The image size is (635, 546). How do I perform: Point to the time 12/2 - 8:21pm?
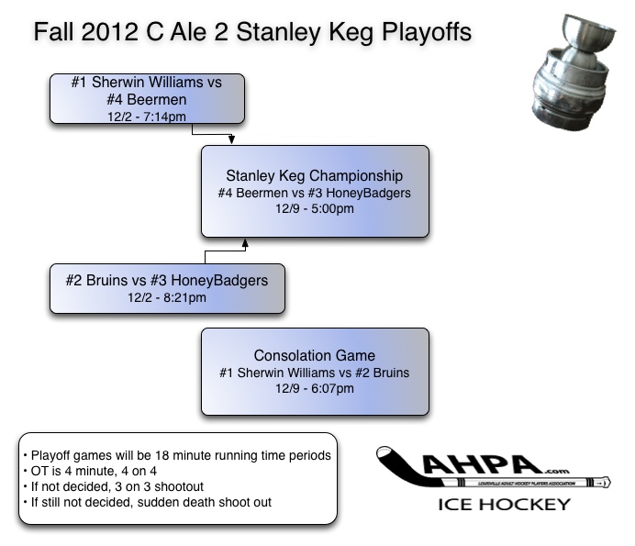(x=167, y=297)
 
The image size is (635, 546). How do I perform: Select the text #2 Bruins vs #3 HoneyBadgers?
(x=167, y=280)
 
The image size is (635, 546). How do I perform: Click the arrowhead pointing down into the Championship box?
(x=231, y=140)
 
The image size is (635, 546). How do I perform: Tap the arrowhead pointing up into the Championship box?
(x=245, y=242)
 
